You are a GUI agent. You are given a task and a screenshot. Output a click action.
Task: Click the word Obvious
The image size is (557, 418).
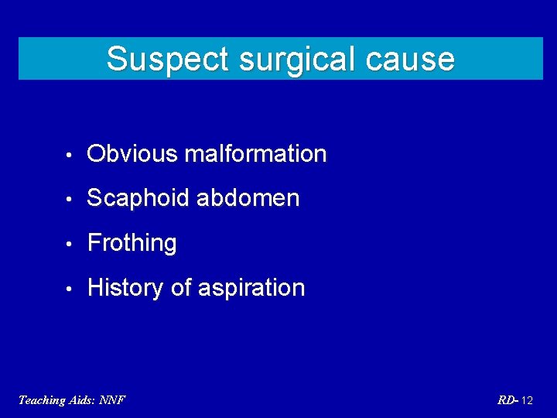132,154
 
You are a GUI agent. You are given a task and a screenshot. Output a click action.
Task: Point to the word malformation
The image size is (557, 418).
255,154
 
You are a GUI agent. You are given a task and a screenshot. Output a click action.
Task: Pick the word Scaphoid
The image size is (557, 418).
138,198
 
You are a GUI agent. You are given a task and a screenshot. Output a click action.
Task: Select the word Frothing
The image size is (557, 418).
132,243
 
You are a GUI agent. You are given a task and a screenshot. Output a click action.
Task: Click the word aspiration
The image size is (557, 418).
251,288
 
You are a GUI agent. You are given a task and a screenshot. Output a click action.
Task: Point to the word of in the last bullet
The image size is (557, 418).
181,288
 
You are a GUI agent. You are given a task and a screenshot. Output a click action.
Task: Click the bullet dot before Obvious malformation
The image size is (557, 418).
70,155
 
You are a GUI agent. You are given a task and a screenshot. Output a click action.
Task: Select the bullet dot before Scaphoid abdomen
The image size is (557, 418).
70,199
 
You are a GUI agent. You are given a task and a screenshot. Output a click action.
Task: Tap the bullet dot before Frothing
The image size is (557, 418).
70,244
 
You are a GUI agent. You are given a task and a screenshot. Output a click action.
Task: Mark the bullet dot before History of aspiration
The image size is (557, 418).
70,289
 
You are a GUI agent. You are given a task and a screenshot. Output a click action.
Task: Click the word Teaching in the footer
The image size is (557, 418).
42,400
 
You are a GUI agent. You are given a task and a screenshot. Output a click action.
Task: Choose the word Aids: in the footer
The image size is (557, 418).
84,400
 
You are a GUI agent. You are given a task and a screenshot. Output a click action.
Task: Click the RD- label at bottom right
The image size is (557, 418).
508,400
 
